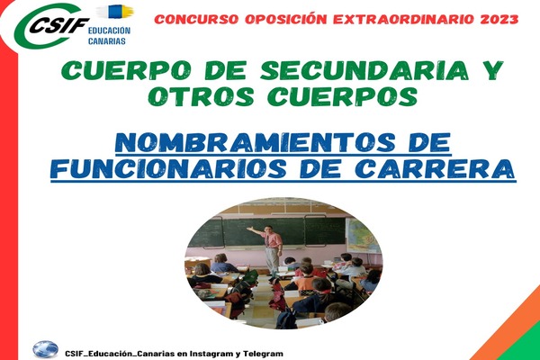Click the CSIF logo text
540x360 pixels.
(58, 24)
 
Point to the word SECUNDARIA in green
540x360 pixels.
(364, 70)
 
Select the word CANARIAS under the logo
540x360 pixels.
(107, 41)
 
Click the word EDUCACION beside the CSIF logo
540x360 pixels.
(109, 31)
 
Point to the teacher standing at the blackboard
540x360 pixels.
(270, 249)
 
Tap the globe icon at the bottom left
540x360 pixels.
(46, 349)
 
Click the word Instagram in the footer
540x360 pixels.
(206, 354)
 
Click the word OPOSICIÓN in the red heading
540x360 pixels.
(285, 19)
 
